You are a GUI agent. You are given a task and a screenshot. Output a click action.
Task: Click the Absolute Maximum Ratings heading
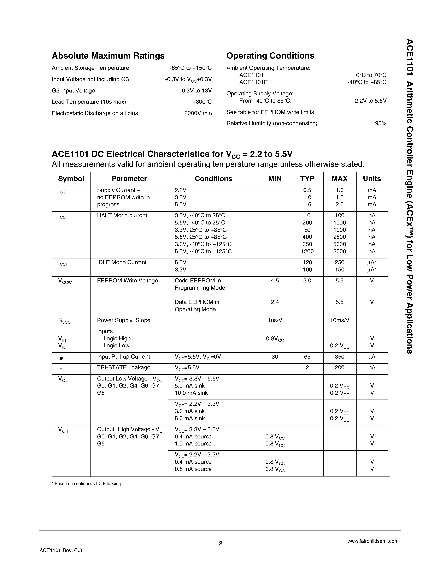pyautogui.click(x=108, y=56)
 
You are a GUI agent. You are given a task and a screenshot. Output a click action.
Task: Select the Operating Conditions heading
pyautogui.click(x=270, y=56)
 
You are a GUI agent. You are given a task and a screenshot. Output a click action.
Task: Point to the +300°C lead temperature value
pyautogui.click(x=202, y=102)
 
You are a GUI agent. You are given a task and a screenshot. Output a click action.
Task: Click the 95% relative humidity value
pyautogui.click(x=381, y=124)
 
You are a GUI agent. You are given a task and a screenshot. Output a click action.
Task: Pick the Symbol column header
pyautogui.click(x=71, y=179)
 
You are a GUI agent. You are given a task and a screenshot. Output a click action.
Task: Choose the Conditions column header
pyautogui.click(x=213, y=179)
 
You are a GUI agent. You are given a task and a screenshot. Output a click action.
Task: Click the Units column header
pyautogui.click(x=372, y=179)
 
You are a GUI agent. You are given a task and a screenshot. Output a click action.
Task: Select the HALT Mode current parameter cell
pyautogui.click(x=122, y=215)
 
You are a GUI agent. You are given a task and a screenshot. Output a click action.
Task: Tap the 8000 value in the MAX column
pyautogui.click(x=339, y=251)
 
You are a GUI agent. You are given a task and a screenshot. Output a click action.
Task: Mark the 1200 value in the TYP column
pyautogui.click(x=307, y=251)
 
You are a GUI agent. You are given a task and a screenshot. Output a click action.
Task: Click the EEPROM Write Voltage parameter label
pyautogui.click(x=128, y=281)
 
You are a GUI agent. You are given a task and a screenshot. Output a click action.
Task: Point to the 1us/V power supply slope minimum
pyautogui.click(x=275, y=320)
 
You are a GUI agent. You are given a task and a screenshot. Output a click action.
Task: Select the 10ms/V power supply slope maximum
pyautogui.click(x=339, y=320)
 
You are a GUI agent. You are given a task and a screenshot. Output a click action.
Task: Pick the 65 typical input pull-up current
pyautogui.click(x=307, y=357)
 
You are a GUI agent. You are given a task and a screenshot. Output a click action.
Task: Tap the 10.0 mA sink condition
pyautogui.click(x=191, y=393)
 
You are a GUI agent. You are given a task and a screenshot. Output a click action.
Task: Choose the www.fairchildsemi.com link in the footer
pyautogui.click(x=373, y=541)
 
